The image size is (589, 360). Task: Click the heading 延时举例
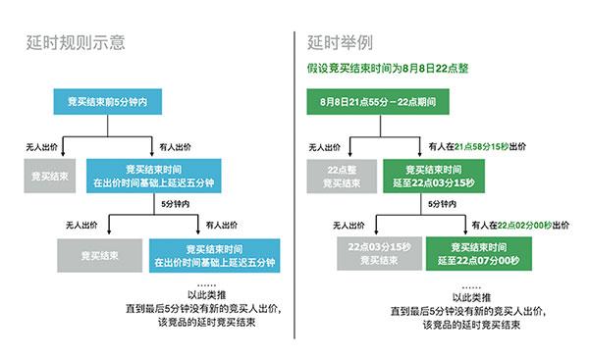coord(340,43)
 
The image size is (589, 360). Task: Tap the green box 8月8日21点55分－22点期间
coord(378,101)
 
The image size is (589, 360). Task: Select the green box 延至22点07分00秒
coord(476,253)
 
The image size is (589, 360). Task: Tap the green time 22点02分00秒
coord(529,223)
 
